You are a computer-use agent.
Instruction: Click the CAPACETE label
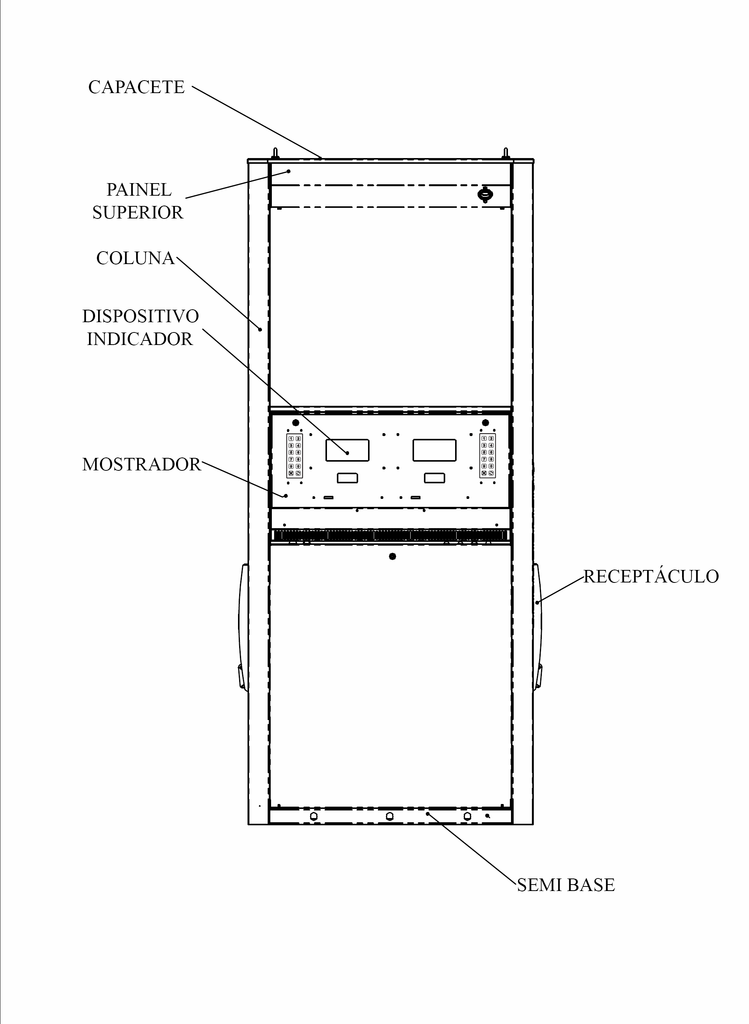click(x=136, y=87)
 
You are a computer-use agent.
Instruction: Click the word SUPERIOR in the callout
click(x=138, y=212)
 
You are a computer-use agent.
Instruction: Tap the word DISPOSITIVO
click(x=141, y=316)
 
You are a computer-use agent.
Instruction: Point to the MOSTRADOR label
click(x=141, y=464)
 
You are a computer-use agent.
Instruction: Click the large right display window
click(x=434, y=450)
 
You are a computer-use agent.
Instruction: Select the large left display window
click(x=347, y=450)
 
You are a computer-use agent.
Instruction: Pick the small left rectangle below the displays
click(x=347, y=478)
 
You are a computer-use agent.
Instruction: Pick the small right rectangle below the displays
click(x=434, y=478)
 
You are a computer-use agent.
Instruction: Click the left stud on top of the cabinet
click(x=275, y=153)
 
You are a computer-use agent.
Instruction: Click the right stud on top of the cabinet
click(x=506, y=153)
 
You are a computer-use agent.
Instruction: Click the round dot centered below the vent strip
click(x=393, y=556)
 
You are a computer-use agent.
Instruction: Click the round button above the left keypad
click(x=296, y=423)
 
